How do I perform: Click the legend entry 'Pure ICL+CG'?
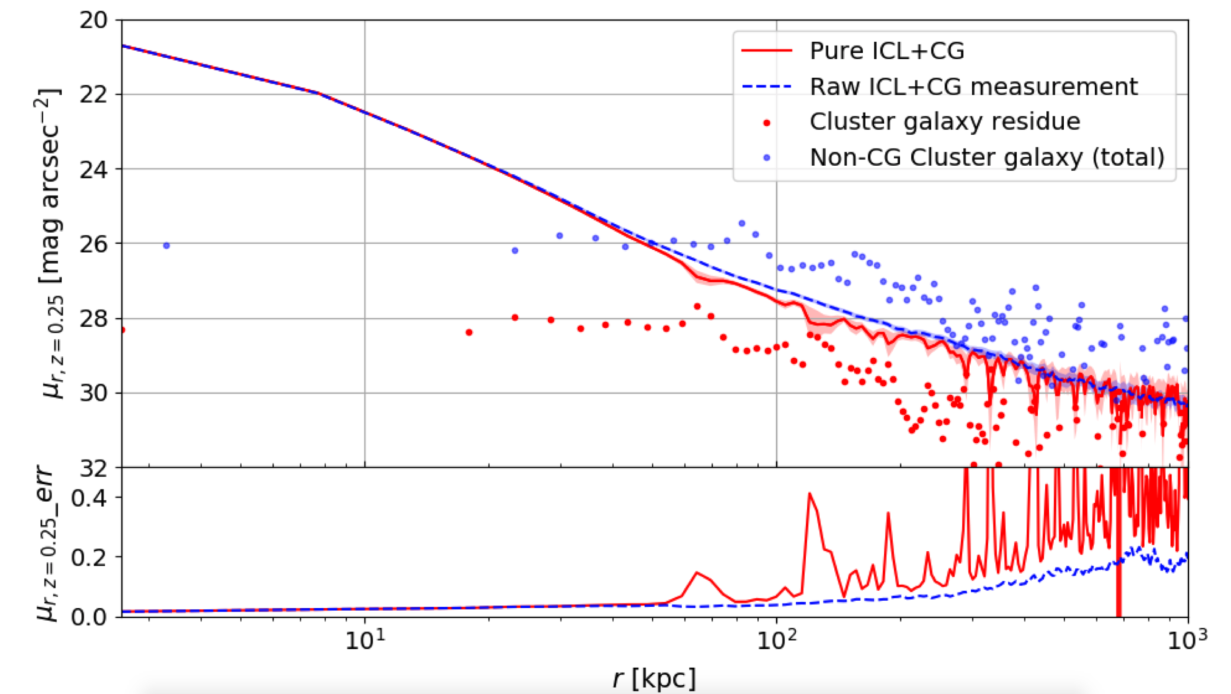[886, 51]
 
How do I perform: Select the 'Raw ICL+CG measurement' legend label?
[973, 87]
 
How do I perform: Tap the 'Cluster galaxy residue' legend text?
[944, 122]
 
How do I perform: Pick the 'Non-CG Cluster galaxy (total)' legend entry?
[987, 157]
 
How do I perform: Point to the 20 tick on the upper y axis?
[94, 21]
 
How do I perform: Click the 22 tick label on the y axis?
[94, 95]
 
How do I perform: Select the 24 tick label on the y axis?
[94, 169]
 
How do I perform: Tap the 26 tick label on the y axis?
[94, 244]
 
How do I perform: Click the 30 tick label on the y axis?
[94, 393]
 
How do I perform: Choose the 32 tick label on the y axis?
[94, 469]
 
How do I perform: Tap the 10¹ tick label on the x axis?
[365, 641]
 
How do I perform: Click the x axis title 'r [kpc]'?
[654, 679]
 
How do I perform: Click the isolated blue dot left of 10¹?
[166, 245]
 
